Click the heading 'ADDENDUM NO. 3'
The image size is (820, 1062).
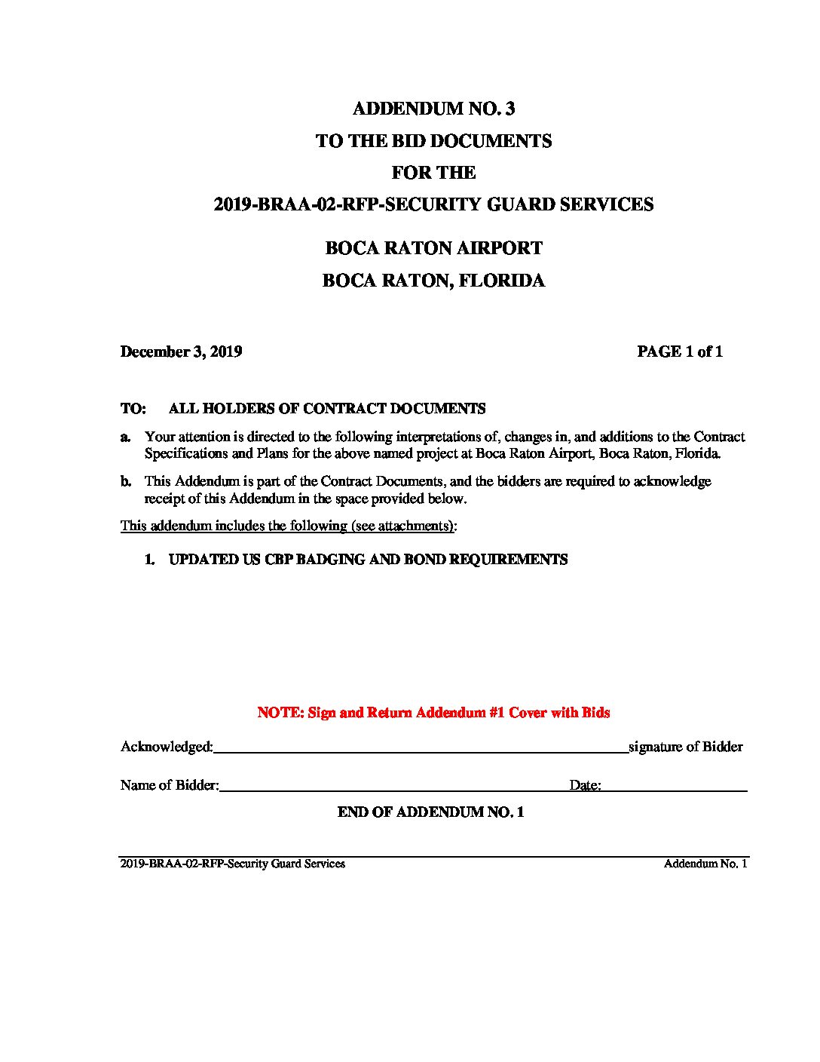tap(433, 109)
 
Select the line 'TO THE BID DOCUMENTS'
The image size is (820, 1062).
tap(433, 141)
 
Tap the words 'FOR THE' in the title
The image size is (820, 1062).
tap(433, 173)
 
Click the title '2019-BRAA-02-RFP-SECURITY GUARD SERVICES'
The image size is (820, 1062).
tap(433, 204)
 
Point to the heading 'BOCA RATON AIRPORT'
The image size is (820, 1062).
tap(433, 248)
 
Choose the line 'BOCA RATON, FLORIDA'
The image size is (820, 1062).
tap(433, 281)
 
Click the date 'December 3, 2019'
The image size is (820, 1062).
tap(181, 351)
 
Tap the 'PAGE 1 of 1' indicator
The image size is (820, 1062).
tap(680, 351)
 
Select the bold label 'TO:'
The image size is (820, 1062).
tap(133, 409)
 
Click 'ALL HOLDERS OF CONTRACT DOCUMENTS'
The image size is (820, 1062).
tap(327, 409)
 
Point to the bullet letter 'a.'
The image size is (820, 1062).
tap(126, 437)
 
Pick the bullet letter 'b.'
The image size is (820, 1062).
tap(127, 481)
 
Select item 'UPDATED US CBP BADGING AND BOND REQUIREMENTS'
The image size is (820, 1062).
tap(368, 560)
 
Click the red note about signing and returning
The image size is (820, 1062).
tap(433, 713)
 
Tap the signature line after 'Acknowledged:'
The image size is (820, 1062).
tap(421, 750)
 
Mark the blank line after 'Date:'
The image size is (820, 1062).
tap(674, 788)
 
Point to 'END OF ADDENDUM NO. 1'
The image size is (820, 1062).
tap(430, 812)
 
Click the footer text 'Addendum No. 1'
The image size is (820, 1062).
tap(705, 864)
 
